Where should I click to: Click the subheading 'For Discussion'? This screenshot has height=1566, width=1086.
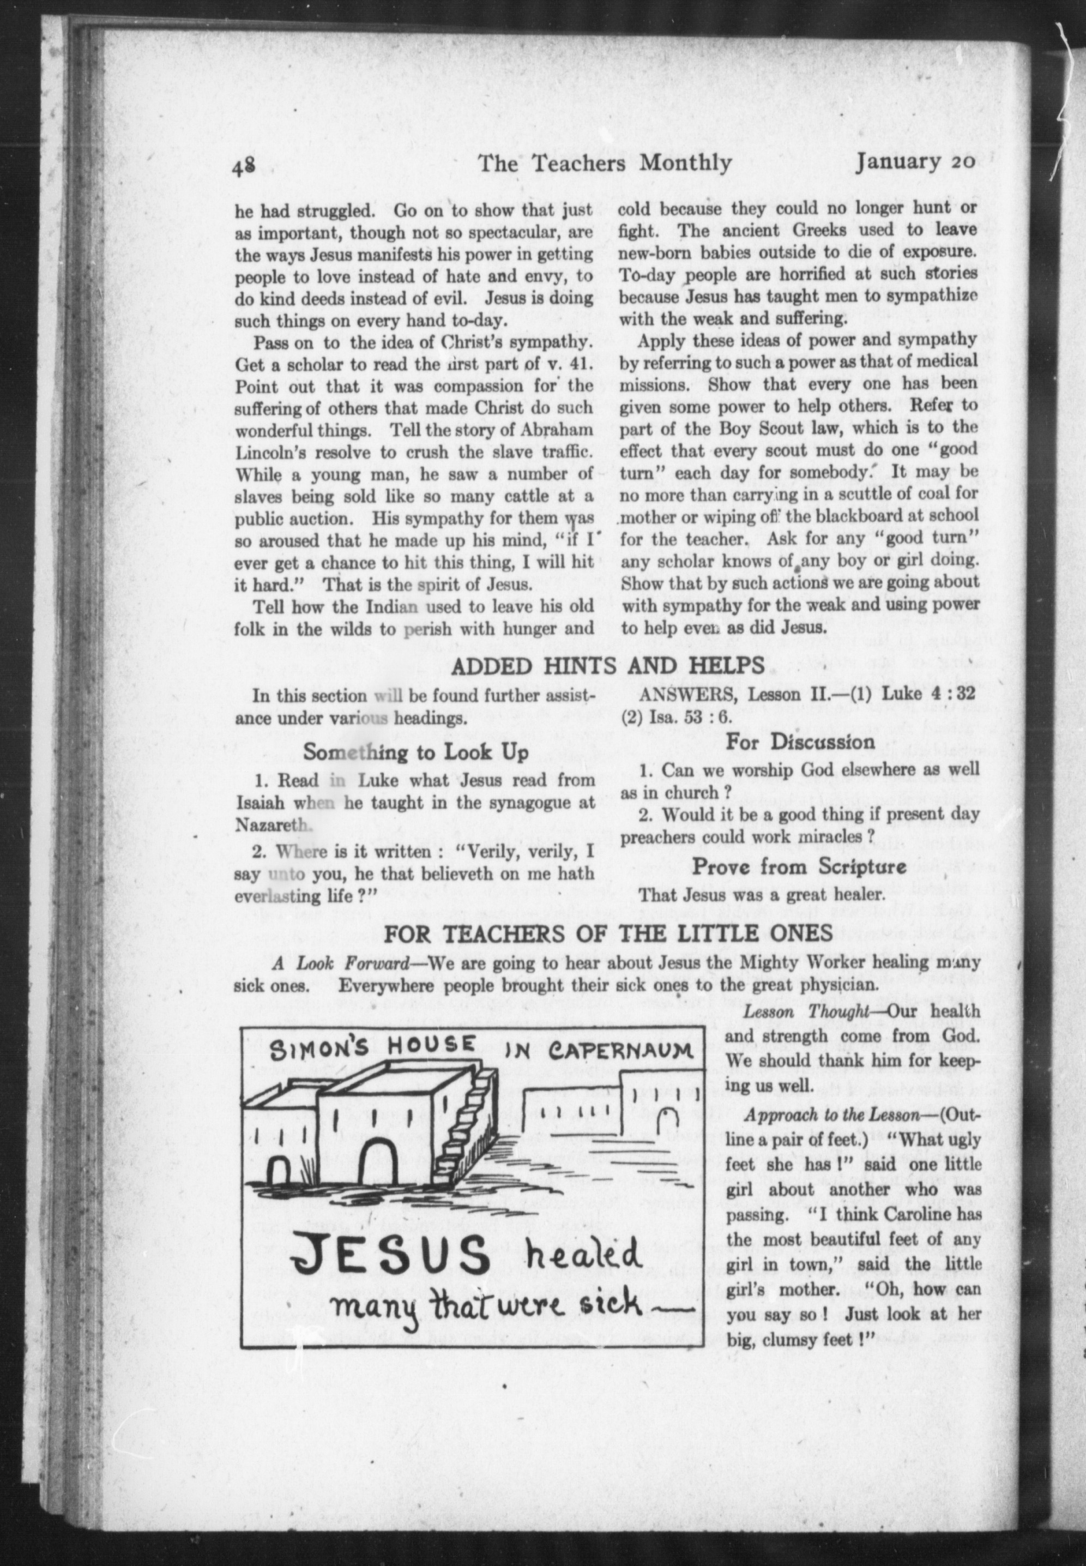point(800,741)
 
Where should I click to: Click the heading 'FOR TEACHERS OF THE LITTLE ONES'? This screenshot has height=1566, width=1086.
point(608,933)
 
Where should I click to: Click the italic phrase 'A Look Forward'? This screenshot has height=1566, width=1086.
point(329,963)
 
